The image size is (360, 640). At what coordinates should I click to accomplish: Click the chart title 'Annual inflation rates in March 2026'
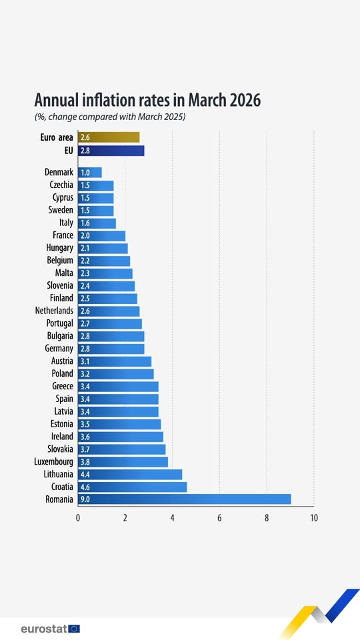tap(147, 100)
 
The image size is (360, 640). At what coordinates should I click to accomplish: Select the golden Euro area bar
tap(109, 137)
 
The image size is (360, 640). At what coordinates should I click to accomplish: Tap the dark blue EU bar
tap(111, 151)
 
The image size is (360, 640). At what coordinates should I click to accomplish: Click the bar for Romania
tap(185, 499)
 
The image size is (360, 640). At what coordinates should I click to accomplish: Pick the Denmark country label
tap(59, 173)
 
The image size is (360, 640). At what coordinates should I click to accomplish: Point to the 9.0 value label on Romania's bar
tap(85, 499)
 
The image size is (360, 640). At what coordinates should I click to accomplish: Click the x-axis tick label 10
tap(313, 518)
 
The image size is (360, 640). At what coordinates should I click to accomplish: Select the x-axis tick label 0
tap(78, 518)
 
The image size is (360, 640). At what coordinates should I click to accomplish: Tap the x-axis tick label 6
tap(219, 518)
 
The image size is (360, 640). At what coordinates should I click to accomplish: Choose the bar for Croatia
tap(133, 487)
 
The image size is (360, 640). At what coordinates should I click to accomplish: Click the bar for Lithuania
tap(130, 474)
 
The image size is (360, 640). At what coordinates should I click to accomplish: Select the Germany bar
tap(111, 349)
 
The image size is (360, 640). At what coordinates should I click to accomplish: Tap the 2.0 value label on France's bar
tap(85, 235)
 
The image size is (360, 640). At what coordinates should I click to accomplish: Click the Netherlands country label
tap(54, 311)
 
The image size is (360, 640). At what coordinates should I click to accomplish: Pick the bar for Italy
tap(97, 223)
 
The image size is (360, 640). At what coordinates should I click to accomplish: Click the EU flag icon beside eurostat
tap(73, 628)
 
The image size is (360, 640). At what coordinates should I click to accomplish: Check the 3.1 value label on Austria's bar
tap(85, 361)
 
